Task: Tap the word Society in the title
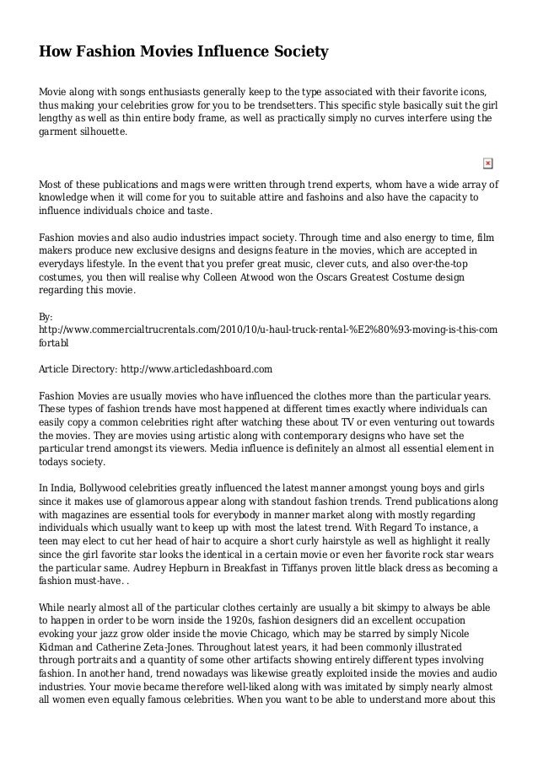299,53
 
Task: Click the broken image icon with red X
487,162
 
